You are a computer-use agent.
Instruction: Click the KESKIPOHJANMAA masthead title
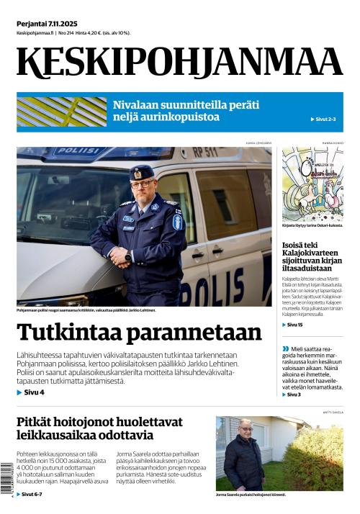(x=180, y=63)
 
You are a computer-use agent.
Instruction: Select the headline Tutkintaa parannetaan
(x=139, y=333)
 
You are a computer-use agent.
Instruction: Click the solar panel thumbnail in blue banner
(x=60, y=112)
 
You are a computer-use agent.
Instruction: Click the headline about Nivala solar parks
(x=185, y=112)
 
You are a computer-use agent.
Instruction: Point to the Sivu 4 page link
(x=31, y=392)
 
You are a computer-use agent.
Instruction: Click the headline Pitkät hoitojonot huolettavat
(x=99, y=428)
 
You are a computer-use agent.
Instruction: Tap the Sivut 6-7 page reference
(x=31, y=495)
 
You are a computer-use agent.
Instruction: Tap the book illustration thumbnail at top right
(x=312, y=184)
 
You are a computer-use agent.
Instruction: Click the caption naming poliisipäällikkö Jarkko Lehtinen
(x=86, y=310)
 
